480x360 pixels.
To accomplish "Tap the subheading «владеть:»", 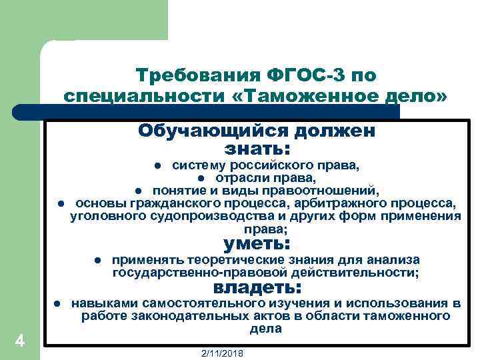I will pos(257,288).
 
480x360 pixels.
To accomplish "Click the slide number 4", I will pos(20,341).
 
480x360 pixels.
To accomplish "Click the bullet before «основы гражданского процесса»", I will pos(60,203).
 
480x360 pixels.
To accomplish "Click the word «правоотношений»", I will pos(331,190).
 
